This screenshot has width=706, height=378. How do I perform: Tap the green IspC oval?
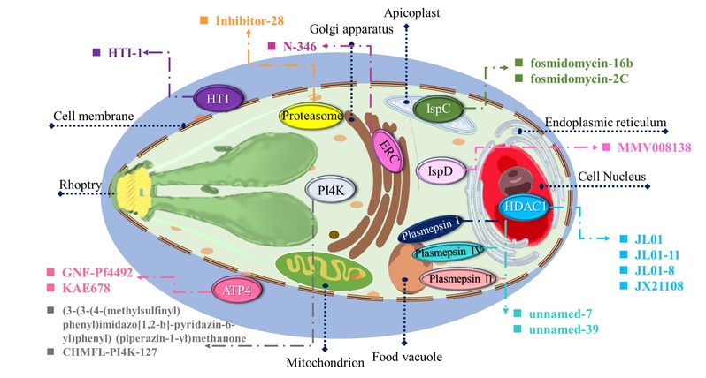438,108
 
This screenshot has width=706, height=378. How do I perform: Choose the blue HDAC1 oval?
524,208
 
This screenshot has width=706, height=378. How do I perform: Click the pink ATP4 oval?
234,290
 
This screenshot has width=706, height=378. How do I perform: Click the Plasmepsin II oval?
459,280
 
